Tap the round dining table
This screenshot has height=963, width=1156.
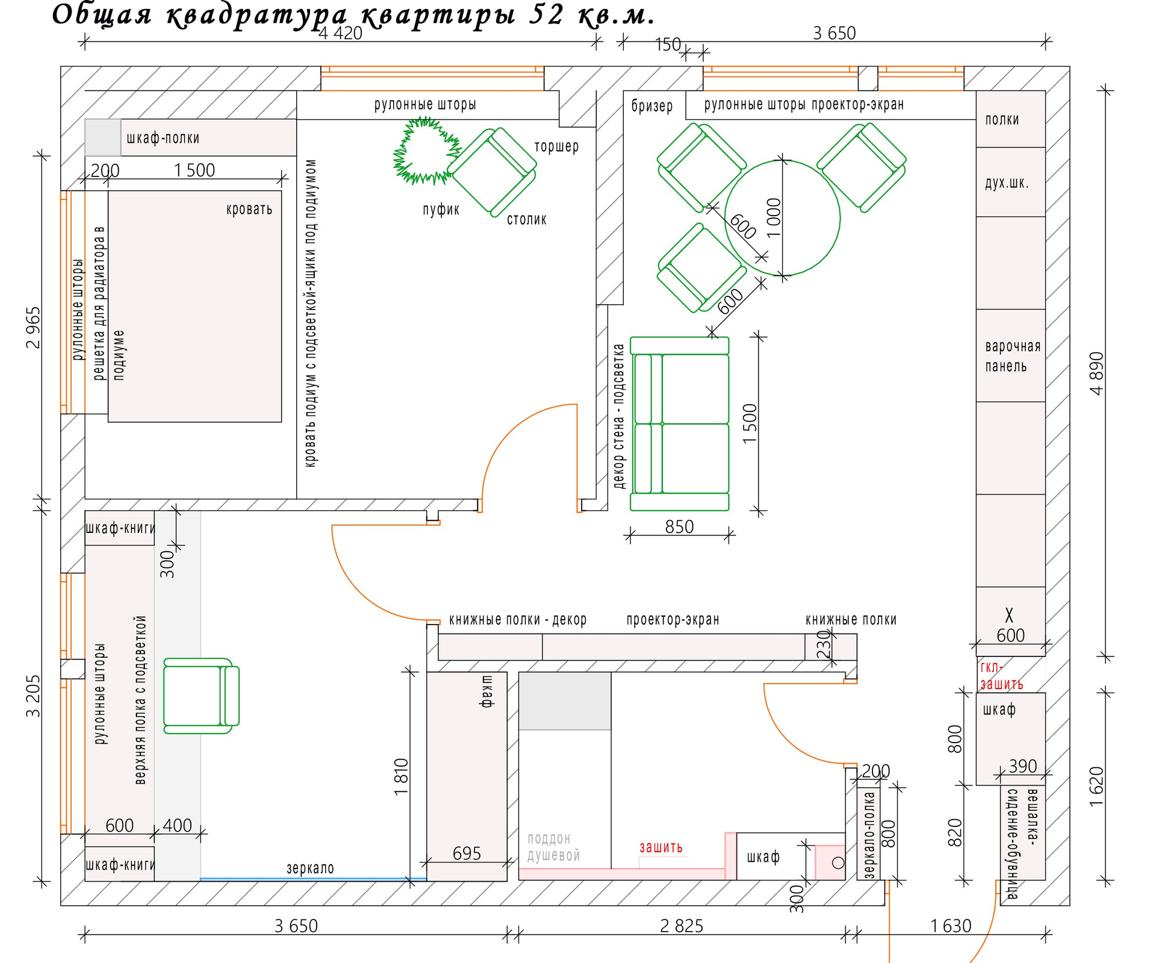pyautogui.click(x=782, y=217)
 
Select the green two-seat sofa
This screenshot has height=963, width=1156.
pyautogui.click(x=680, y=424)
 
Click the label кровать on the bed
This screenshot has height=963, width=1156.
pyautogui.click(x=249, y=210)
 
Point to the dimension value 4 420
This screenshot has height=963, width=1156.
pyautogui.click(x=340, y=33)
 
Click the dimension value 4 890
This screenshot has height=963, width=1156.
pyautogui.click(x=1097, y=373)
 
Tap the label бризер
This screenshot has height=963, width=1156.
pyautogui.click(x=652, y=106)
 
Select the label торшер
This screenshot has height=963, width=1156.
pyautogui.click(x=556, y=146)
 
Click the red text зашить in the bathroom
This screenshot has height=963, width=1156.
pyautogui.click(x=661, y=847)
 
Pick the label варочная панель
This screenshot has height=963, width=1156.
pyautogui.click(x=1013, y=356)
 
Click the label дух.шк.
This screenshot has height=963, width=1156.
pyautogui.click(x=1007, y=182)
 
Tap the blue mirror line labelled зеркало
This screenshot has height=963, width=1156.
pyautogui.click(x=313, y=879)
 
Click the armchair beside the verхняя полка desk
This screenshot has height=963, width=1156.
pyautogui.click(x=201, y=696)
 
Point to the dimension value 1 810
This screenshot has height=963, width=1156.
pyautogui.click(x=402, y=776)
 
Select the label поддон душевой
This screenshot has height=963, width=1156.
pyautogui.click(x=553, y=847)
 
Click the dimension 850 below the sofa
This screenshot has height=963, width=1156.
pyautogui.click(x=679, y=527)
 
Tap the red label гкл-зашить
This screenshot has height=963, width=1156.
pyautogui.click(x=1001, y=676)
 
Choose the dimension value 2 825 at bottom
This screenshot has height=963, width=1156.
pyautogui.click(x=682, y=926)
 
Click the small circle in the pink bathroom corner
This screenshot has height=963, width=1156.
pyautogui.click(x=838, y=863)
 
